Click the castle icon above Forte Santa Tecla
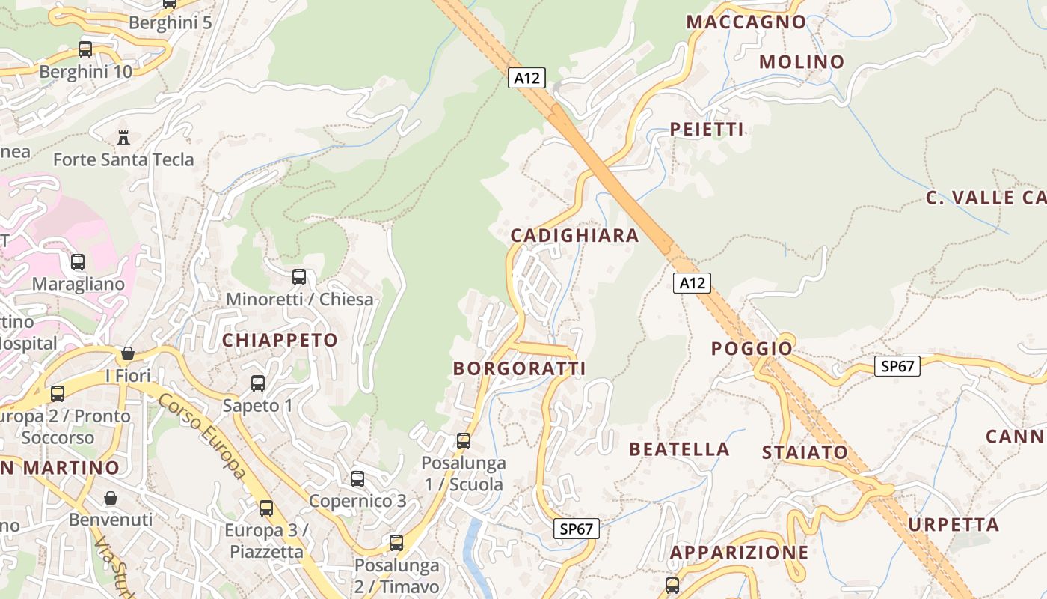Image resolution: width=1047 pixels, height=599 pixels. coord(123,137)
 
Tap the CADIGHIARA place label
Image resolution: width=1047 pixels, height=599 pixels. coord(574,236)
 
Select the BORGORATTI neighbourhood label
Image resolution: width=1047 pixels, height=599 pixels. coord(519,368)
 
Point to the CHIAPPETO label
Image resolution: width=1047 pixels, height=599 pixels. coord(280,341)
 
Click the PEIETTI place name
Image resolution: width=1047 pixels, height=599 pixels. coord(707,130)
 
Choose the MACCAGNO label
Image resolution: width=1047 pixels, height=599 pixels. coord(746,22)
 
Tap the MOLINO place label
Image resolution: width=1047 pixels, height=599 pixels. coord(802,62)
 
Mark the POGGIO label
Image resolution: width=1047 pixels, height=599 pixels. coord(752,349)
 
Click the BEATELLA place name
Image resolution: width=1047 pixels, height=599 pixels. coord(679,449)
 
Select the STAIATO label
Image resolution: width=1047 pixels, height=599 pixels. coord(805,453)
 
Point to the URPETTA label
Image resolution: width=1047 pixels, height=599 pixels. coord(954,525)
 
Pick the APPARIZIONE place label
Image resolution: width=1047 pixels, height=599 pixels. coord(739,553)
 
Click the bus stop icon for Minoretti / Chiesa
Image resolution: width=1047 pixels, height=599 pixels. coord(299,277)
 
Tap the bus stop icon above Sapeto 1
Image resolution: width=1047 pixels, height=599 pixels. coord(258,383)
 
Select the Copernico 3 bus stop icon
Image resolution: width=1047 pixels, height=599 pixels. coord(357,479)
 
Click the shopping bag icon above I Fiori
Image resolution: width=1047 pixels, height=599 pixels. coord(128,353)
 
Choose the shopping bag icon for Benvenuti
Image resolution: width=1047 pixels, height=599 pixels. coord(111,498)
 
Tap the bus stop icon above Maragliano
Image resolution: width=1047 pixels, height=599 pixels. coord(78,262)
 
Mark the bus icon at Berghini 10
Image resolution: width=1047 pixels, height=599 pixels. coord(85,49)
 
